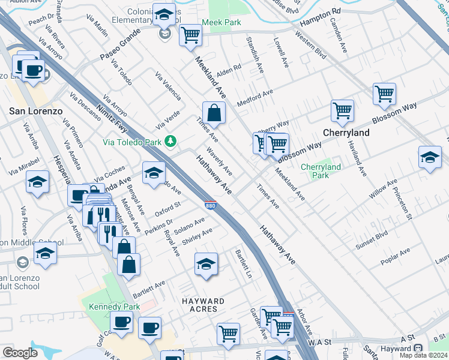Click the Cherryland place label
(x=345, y=132)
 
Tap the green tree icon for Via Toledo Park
(x=172, y=141)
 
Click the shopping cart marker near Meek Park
(x=191, y=35)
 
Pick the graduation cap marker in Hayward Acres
(x=206, y=265)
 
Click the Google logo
(x=20, y=353)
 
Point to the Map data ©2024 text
(x=424, y=355)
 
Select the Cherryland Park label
(x=321, y=171)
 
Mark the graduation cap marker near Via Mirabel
(x=37, y=183)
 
